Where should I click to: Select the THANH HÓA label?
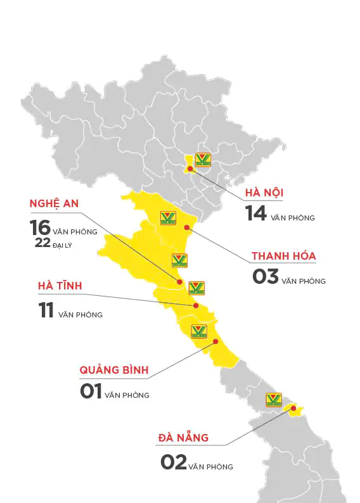(x=283, y=256)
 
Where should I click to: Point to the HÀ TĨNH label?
(x=60, y=286)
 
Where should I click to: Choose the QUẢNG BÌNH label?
(x=118, y=369)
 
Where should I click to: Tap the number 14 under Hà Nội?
(x=256, y=213)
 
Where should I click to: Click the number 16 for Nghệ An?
(x=40, y=227)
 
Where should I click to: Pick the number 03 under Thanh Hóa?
(x=266, y=277)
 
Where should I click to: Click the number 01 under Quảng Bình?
(x=91, y=391)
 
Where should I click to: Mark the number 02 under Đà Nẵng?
(x=173, y=462)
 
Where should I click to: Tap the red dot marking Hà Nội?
(x=190, y=169)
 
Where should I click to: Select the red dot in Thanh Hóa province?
(x=186, y=227)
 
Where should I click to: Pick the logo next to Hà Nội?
(x=203, y=159)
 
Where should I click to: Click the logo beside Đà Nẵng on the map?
(x=274, y=400)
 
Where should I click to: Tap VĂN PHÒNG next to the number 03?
(x=304, y=281)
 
